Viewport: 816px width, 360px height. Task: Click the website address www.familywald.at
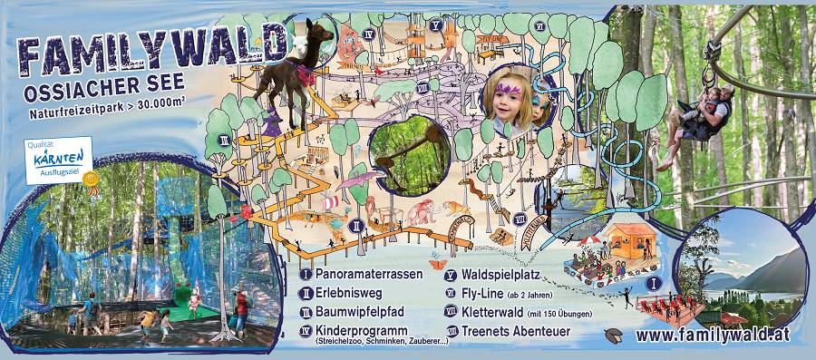pos(711,335)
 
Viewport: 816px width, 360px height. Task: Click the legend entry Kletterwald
pos(500,312)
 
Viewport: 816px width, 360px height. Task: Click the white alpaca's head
pos(294,41)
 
